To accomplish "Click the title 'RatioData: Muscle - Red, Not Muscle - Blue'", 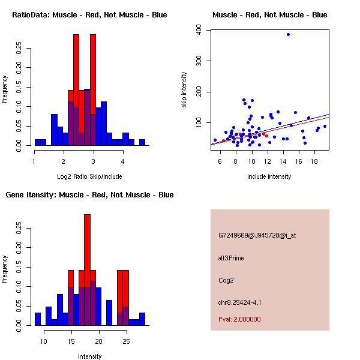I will pos(89,14).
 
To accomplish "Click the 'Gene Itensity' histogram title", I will pos(89,194).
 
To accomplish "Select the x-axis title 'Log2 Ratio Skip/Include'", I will pos(89,176).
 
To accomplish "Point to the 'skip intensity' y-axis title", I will pos(184,90).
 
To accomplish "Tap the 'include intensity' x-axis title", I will pos(269,176).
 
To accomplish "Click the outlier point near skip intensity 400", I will pos(288,34).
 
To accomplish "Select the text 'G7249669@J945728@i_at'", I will pos(257,235).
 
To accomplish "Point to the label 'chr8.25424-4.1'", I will pos(240,302).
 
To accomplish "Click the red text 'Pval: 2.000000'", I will pos(239,319).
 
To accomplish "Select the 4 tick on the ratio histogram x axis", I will pos(122,160).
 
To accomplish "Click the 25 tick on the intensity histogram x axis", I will pos(126,341).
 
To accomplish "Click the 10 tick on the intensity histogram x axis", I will pos(43,341).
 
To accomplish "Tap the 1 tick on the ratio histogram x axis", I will pos(34,160).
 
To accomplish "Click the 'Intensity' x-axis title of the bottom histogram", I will pos(89,356).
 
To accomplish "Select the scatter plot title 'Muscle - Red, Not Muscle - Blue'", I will pos(269,14).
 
